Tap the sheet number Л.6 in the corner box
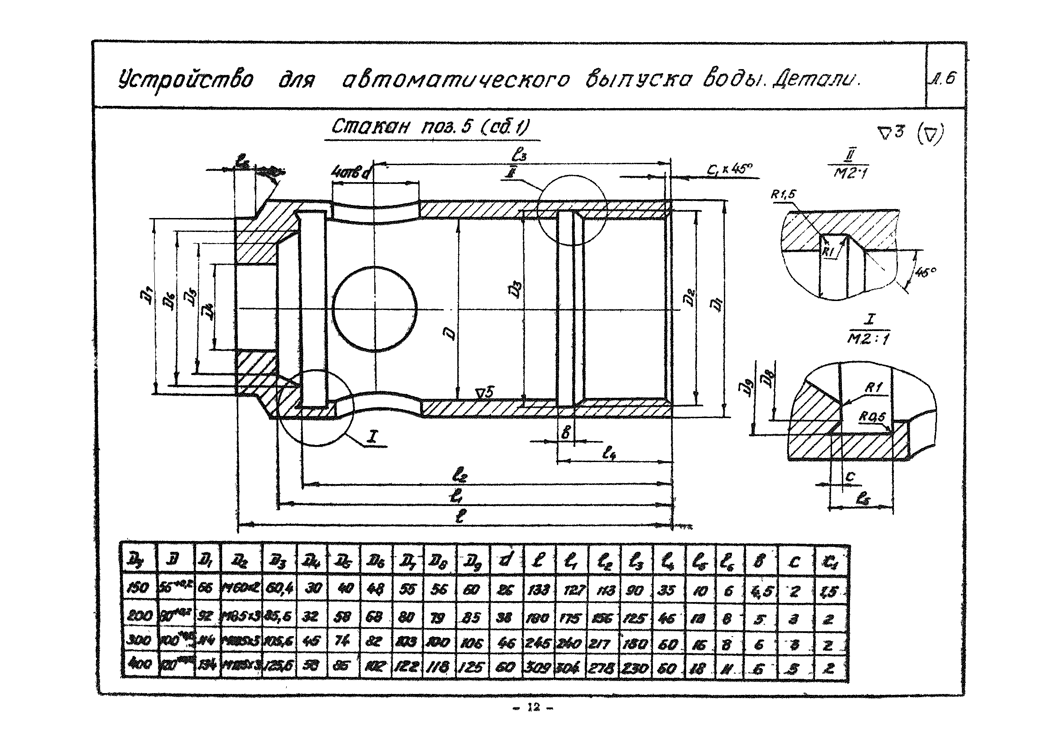point(945,79)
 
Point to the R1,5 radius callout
point(784,195)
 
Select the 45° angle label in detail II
point(925,272)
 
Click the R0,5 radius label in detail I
point(872,417)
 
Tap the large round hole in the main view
point(374,308)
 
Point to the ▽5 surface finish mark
point(485,393)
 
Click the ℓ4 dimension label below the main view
point(609,454)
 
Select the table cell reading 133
point(539,590)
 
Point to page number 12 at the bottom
point(533,707)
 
